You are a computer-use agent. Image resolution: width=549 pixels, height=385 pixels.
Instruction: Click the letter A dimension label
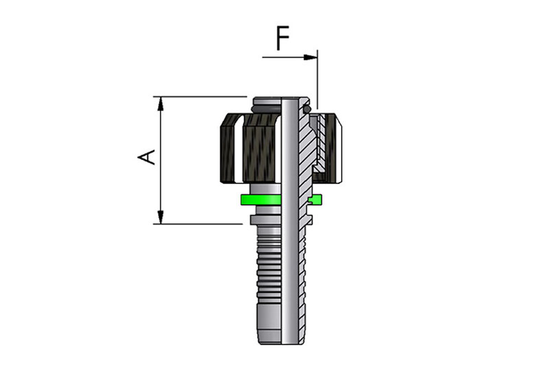pos(146,157)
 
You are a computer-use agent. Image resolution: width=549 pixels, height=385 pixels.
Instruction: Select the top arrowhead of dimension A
pos(160,103)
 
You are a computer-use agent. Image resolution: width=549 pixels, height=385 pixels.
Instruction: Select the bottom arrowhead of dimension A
pos(160,218)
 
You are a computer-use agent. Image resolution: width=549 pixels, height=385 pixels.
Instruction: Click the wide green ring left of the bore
pos(260,200)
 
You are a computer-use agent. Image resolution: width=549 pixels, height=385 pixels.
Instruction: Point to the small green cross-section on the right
pos(315,200)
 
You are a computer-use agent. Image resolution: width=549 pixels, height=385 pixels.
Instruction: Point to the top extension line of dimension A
pos(199,97)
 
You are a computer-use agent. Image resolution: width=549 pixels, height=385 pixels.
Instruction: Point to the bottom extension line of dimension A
pos(199,224)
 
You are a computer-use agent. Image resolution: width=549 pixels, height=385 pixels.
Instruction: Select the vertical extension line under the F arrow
pos(318,82)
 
